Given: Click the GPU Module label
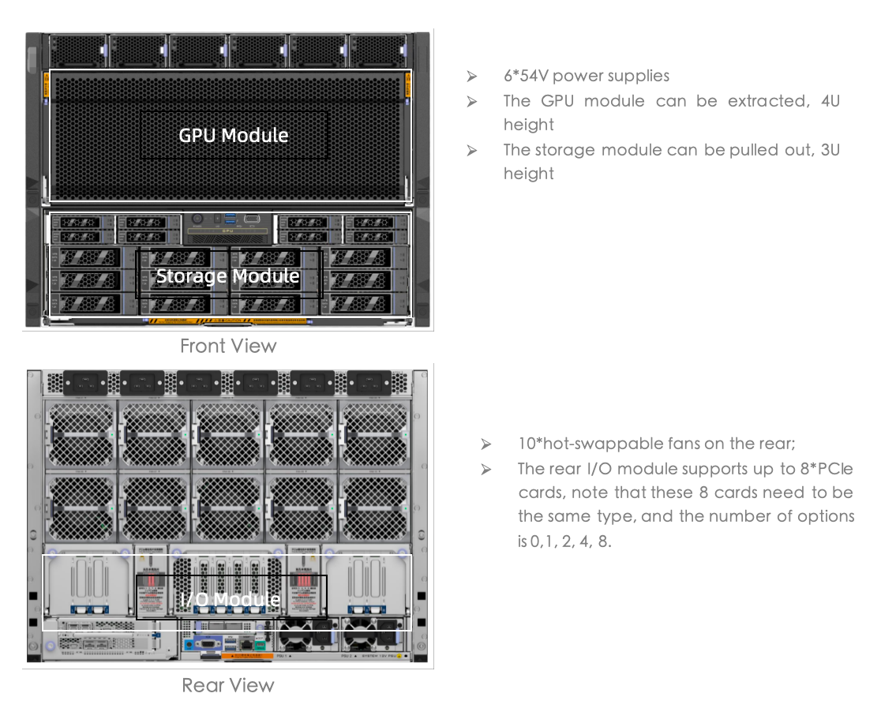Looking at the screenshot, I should pyautogui.click(x=234, y=136).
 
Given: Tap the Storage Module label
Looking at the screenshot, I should pyautogui.click(x=228, y=276).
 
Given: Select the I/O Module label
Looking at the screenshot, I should pyautogui.click(x=231, y=599).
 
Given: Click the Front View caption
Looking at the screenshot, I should pyautogui.click(x=228, y=346).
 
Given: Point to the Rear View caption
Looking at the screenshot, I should pyautogui.click(x=228, y=685).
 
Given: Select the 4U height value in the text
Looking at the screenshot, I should pyautogui.click(x=829, y=101).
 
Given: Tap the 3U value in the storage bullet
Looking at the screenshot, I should pyautogui.click(x=830, y=150).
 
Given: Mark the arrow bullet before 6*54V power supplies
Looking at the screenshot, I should pyautogui.click(x=471, y=77).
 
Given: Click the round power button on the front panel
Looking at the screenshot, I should pyautogui.click(x=197, y=219).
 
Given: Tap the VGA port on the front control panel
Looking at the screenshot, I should pyautogui.click(x=252, y=219).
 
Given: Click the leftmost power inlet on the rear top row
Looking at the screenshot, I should pyautogui.click(x=85, y=384).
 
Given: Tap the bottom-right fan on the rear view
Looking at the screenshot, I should pyautogui.click(x=374, y=508).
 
